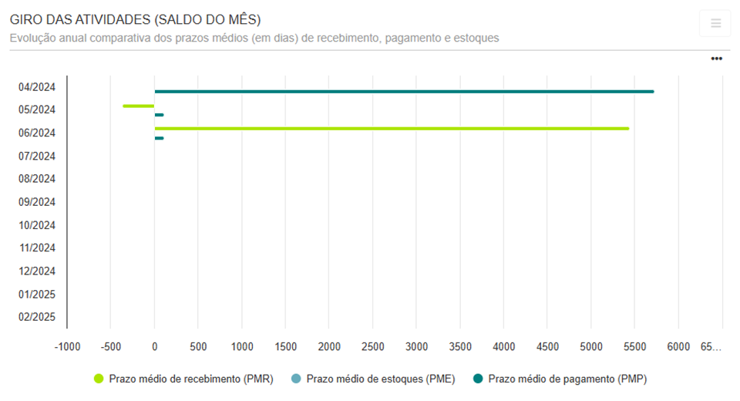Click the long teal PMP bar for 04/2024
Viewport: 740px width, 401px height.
point(404,92)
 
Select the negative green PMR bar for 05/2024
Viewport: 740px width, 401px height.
point(139,106)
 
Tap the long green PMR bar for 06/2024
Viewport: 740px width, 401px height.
point(392,129)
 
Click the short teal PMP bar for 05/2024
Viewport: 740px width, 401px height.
point(159,115)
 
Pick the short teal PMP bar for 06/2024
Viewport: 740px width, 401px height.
point(159,138)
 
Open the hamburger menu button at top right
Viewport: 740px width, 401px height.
point(715,23)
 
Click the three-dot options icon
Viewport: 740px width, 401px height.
point(716,59)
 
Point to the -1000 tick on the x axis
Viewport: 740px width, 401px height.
point(67,347)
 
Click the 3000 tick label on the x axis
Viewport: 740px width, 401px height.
point(416,347)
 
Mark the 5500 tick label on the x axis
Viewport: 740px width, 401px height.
point(635,347)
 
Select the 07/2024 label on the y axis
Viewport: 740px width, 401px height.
point(37,156)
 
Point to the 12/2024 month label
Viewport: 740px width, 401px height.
point(37,271)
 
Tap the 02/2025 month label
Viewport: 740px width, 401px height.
point(37,317)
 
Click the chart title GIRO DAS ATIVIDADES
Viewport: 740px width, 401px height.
point(135,20)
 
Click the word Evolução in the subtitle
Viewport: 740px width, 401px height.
point(34,38)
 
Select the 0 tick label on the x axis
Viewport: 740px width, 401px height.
point(155,347)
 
